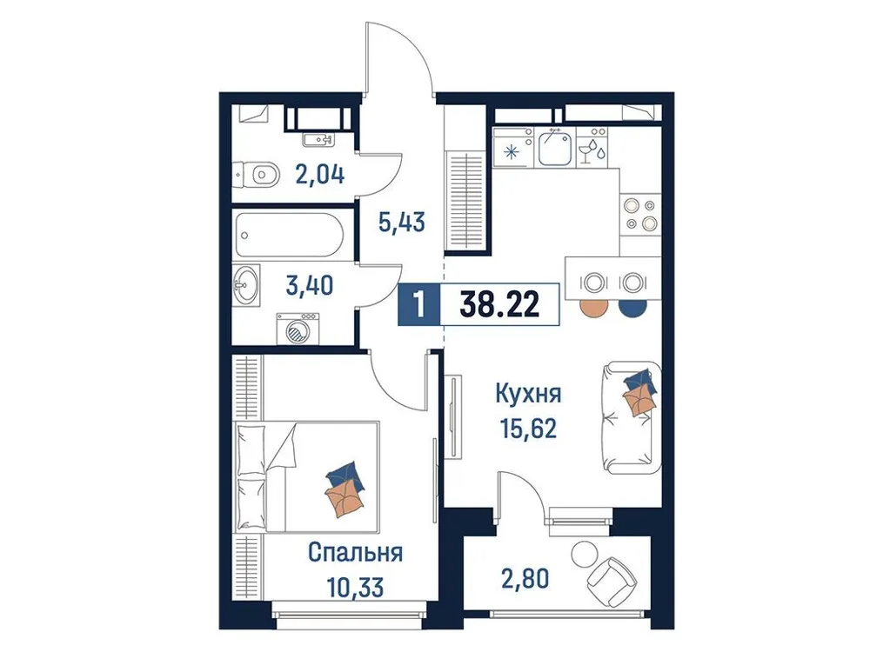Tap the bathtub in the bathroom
point(291,235)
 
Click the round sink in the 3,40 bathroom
point(247,286)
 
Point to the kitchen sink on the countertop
point(553,148)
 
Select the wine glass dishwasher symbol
point(592,149)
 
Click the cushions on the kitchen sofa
point(639,389)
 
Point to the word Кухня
point(527,394)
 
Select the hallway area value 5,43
point(402,223)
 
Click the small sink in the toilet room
point(318,139)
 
